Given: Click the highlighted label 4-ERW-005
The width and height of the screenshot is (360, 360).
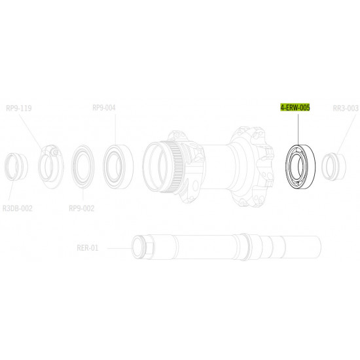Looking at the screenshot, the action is coord(295,107).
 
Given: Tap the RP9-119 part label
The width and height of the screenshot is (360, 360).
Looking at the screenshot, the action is coord(19,108).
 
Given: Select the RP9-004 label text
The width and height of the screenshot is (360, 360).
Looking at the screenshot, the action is coord(104,108).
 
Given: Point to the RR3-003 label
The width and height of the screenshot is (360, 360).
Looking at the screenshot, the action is coord(346,108).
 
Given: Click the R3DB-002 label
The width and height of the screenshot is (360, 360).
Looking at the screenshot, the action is coord(18,208).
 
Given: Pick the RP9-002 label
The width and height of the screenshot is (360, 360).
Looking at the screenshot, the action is coord(82,208).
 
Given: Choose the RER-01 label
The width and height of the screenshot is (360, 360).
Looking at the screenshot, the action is coord(88,247).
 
